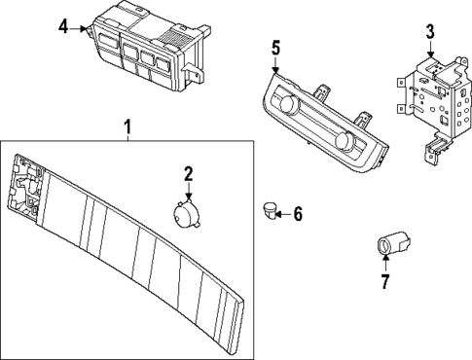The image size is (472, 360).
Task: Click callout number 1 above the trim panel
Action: (126, 127)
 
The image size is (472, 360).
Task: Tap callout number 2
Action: (189, 174)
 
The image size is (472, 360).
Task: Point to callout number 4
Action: (63, 26)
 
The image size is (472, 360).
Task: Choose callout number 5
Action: (275, 48)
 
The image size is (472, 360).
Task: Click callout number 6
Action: (298, 214)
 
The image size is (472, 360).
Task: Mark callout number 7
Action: (384, 283)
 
